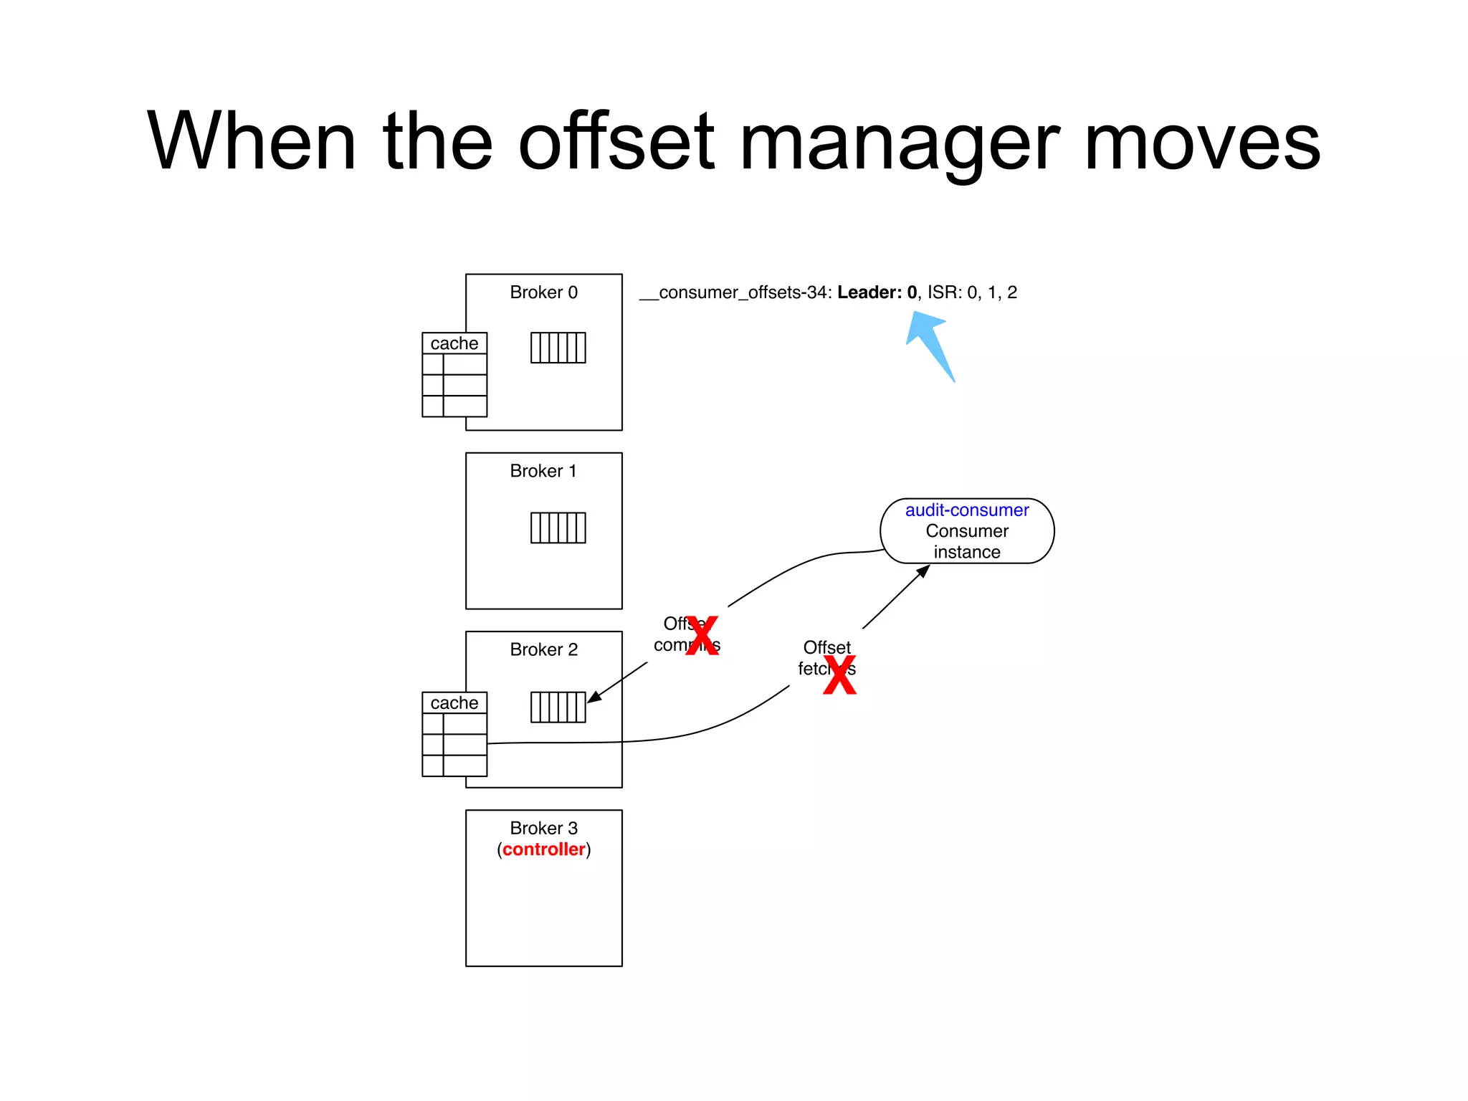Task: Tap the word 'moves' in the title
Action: (x=1202, y=143)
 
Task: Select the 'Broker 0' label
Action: (x=543, y=292)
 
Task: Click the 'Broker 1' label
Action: (x=543, y=471)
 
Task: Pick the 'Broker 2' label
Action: (x=543, y=649)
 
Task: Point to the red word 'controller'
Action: (x=543, y=849)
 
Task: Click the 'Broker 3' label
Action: (x=543, y=828)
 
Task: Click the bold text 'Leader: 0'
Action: (x=877, y=292)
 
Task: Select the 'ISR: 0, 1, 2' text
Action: (x=972, y=292)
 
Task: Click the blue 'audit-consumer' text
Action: (x=966, y=510)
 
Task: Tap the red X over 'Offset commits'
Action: (x=702, y=635)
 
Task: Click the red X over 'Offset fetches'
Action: (x=839, y=675)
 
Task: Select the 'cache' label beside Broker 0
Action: (x=454, y=343)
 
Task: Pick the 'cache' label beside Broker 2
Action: (x=454, y=703)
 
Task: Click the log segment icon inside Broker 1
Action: (x=558, y=528)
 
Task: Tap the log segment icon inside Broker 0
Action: (x=558, y=348)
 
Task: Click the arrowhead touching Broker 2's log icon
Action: (x=594, y=697)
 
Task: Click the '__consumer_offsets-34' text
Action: (x=735, y=292)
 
